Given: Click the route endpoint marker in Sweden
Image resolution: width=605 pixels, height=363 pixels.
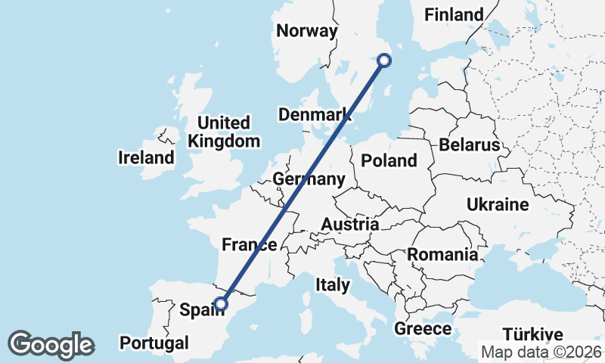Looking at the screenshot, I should (x=384, y=60).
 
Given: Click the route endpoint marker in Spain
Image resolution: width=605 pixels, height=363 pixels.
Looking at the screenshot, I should (x=220, y=304).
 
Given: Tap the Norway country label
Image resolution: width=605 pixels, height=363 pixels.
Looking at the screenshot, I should (x=306, y=31).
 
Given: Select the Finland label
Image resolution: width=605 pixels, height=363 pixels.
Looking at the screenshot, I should (x=454, y=14).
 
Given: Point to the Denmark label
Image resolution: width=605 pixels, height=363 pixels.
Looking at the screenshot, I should (x=315, y=115).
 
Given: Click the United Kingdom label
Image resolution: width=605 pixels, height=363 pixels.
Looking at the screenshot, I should (x=224, y=132).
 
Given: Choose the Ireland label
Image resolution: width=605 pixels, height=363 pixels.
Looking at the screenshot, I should (x=146, y=158).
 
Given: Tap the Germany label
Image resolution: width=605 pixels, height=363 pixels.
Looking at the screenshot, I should (x=309, y=179).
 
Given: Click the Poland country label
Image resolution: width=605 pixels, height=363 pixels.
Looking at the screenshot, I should (x=389, y=160).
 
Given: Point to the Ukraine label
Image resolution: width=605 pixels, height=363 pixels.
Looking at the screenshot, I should (x=497, y=205).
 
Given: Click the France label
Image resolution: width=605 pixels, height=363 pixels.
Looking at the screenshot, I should (x=249, y=244).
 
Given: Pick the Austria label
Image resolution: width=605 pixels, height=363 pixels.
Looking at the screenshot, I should (x=349, y=225).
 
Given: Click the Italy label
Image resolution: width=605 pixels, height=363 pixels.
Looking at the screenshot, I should (x=333, y=285).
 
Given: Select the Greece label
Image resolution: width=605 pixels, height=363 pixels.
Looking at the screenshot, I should (x=423, y=329).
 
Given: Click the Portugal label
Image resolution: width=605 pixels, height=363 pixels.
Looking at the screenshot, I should (x=154, y=343).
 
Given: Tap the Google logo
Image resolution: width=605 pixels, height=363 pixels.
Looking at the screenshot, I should (x=51, y=345).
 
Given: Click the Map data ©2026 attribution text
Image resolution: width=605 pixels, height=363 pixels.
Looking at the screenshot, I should (x=541, y=352).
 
